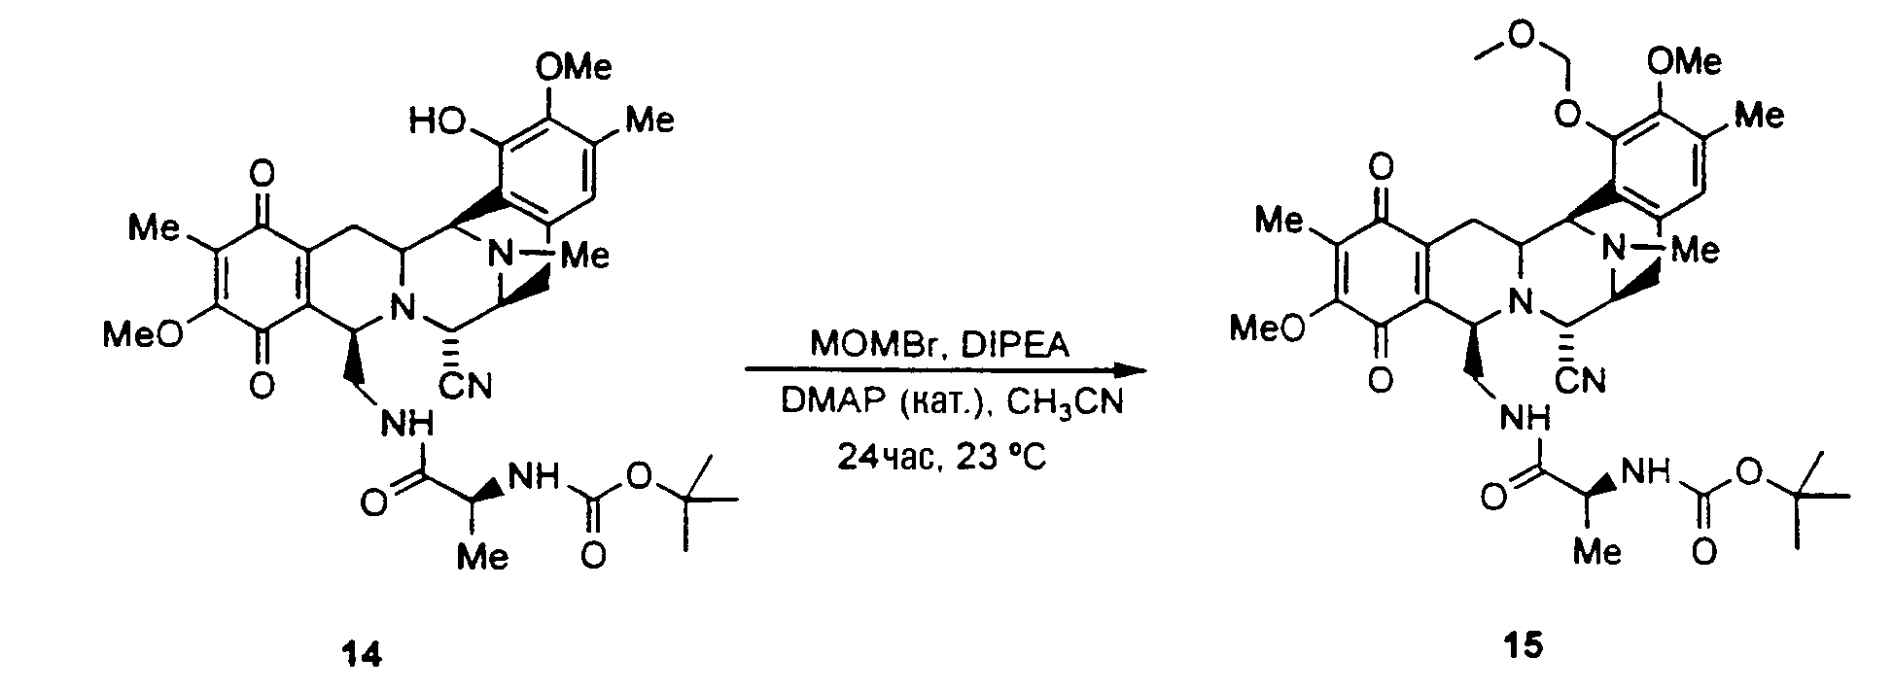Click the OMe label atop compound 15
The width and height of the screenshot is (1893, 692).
point(1685,61)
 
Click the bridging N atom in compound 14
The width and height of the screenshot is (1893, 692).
point(502,257)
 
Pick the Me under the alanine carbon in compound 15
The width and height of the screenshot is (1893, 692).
point(1598,551)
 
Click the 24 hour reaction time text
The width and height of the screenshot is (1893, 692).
point(887,456)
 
